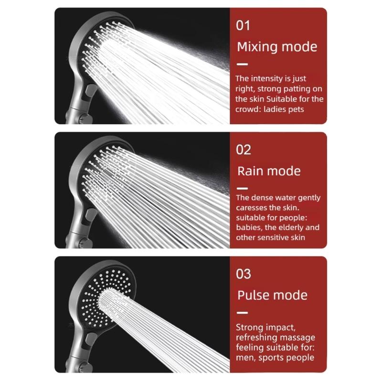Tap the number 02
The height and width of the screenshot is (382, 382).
click(244, 149)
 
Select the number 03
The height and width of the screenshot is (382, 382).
click(244, 274)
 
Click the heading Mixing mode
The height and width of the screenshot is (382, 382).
click(277, 47)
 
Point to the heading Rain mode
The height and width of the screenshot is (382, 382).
click(269, 171)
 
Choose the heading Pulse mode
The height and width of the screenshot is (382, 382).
click(272, 295)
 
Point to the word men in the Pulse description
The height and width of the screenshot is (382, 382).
click(244, 358)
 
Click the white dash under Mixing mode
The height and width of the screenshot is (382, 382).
click(243, 64)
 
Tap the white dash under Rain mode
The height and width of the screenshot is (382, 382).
click(243, 188)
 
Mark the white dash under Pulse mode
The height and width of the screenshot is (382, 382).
click(243, 313)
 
